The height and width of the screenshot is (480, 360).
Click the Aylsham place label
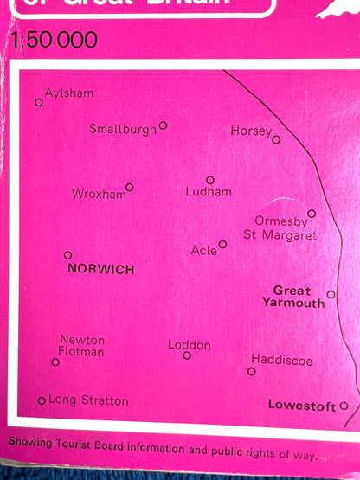point(68,93)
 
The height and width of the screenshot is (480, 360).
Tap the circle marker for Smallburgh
point(163,125)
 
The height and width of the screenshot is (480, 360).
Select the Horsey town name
point(251,131)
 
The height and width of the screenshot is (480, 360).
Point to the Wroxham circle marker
point(130,187)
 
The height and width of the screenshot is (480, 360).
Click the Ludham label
point(209,193)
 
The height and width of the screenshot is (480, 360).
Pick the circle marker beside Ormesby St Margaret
point(312,213)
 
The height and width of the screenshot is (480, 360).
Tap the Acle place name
point(203,251)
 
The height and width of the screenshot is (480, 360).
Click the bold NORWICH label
point(100,270)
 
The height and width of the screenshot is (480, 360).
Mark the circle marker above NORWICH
point(68,255)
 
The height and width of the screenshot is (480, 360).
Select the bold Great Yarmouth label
point(294,297)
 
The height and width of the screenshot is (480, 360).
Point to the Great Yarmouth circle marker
point(331,295)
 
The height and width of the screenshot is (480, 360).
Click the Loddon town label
point(190,345)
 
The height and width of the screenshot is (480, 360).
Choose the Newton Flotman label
point(81,346)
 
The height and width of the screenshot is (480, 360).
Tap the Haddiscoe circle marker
point(252,371)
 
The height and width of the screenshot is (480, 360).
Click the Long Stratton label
point(88,400)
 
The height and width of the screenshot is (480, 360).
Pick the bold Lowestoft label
point(302,405)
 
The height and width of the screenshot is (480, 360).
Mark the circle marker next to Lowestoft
point(344,405)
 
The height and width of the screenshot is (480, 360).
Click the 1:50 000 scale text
point(55,41)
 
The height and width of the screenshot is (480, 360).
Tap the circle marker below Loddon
point(187,355)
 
